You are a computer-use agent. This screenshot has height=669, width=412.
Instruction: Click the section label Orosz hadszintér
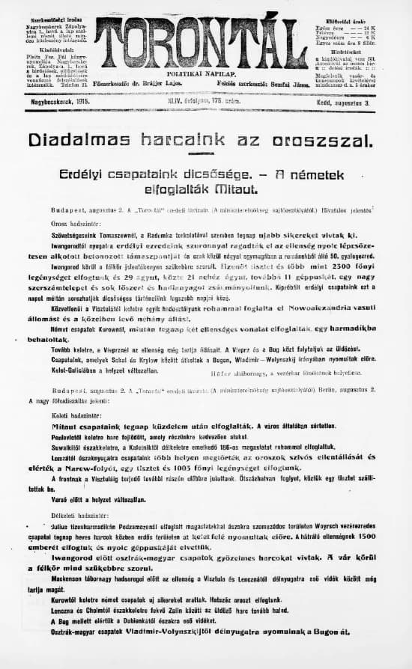78,225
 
